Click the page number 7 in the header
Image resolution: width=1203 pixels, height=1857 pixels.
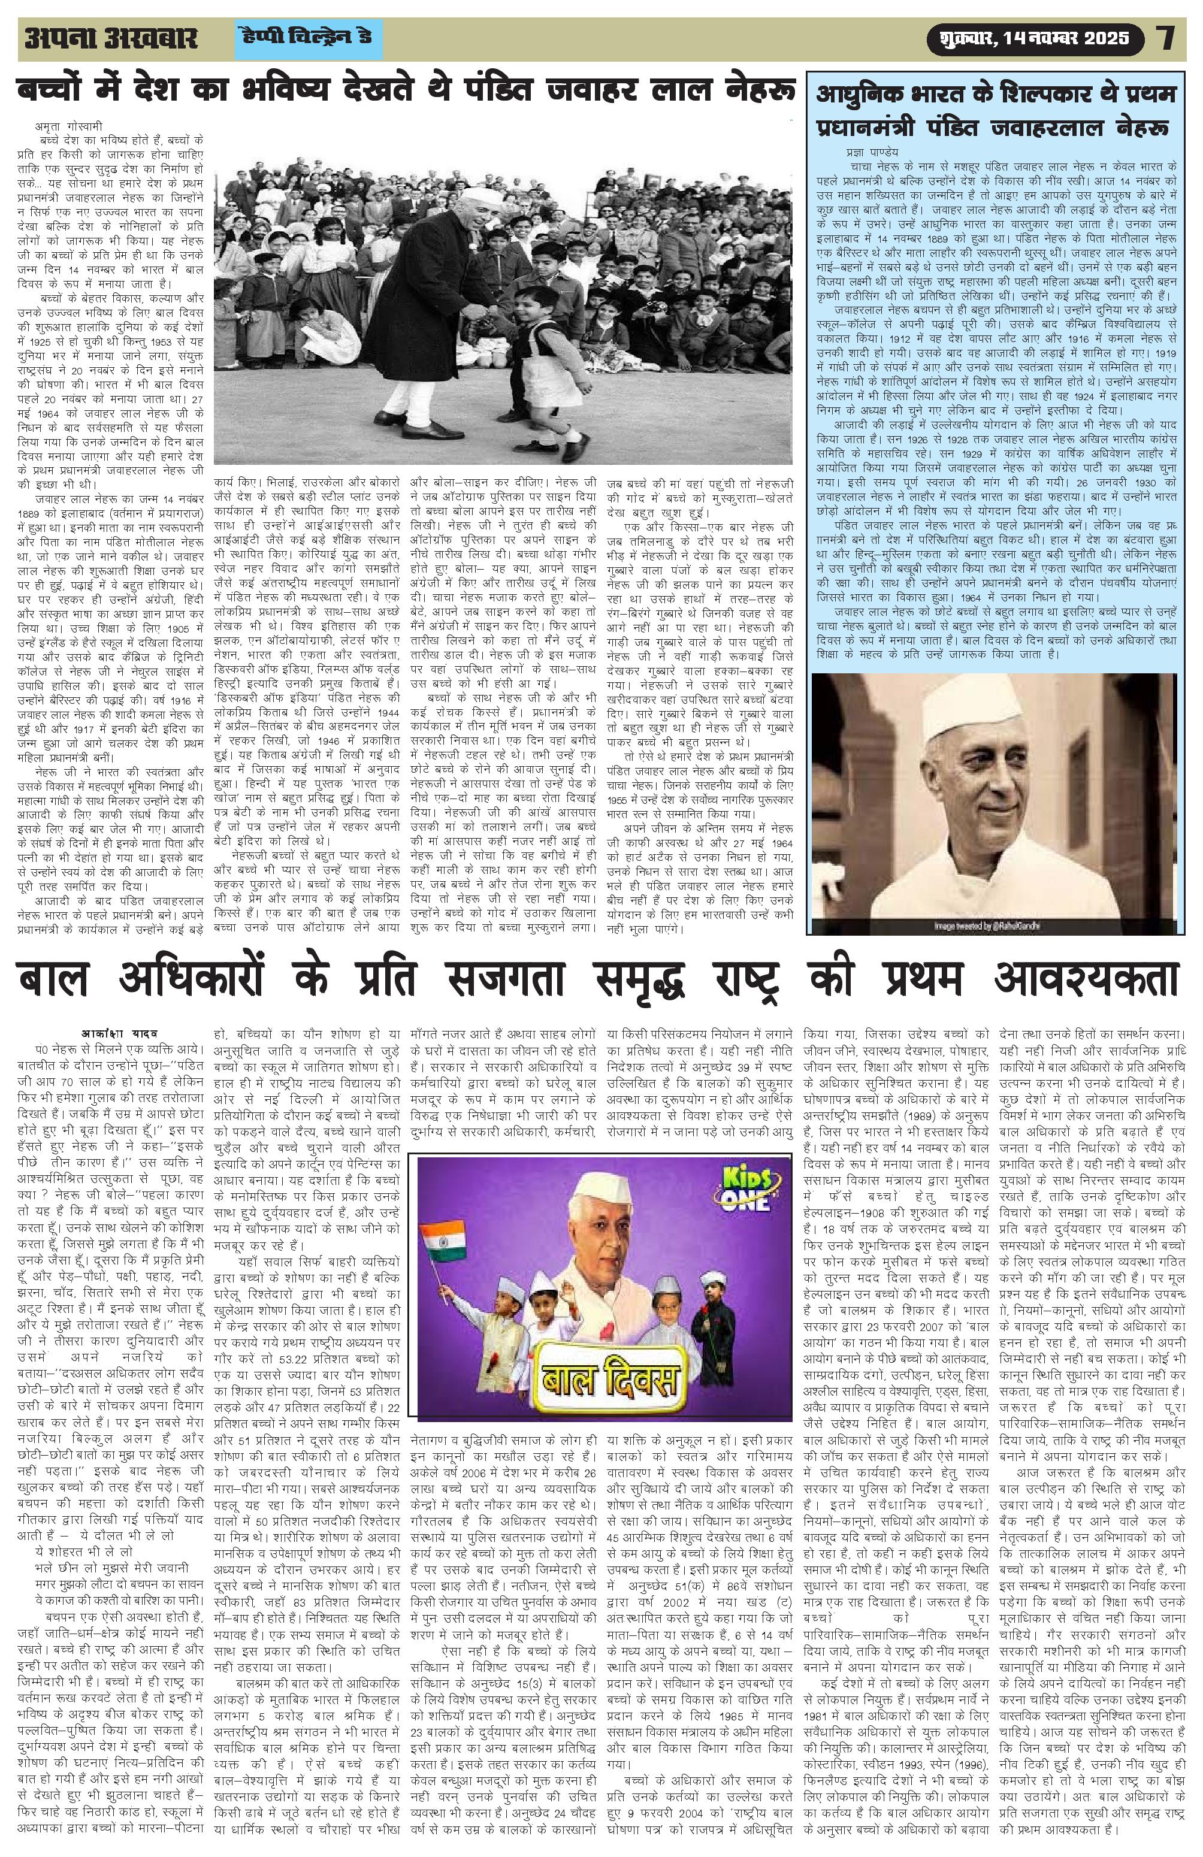coord(1166,38)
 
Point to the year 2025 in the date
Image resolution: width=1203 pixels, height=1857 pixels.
coord(1103,38)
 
